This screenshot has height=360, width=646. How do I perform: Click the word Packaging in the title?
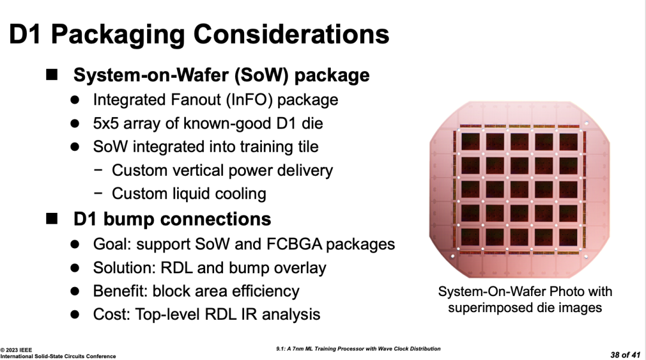[x=117, y=35]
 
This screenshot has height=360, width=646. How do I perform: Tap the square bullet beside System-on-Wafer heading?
[x=52, y=75]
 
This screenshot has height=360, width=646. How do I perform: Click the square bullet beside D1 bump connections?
[x=52, y=218]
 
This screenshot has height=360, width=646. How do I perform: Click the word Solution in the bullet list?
[x=124, y=268]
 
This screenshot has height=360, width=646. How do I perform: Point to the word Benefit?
[x=120, y=291]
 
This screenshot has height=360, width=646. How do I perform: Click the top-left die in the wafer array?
[x=470, y=142]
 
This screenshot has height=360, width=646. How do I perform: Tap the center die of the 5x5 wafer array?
[x=519, y=190]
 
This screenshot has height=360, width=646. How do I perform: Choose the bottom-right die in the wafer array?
[x=569, y=237]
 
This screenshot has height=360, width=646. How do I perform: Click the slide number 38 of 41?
[x=626, y=355]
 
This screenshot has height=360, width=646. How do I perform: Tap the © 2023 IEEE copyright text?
[x=16, y=350]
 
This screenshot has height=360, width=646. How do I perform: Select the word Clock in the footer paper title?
[x=395, y=349]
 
